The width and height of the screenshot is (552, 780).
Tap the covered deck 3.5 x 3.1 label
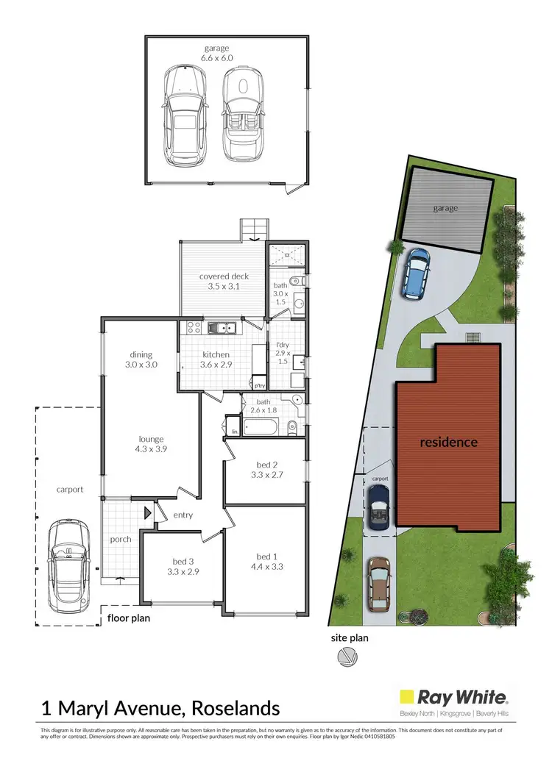click(x=224, y=282)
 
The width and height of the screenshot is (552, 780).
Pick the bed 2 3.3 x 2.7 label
click(x=264, y=470)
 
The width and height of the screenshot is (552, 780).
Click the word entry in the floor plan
click(x=183, y=515)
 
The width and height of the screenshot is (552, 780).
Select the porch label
click(x=121, y=539)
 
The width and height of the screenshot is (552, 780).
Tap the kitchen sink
click(x=221, y=328)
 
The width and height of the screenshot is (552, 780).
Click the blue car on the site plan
click(x=416, y=273)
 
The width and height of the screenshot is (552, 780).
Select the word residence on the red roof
click(x=449, y=443)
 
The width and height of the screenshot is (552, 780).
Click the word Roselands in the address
click(x=236, y=709)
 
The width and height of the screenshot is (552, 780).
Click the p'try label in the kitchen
click(x=259, y=385)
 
